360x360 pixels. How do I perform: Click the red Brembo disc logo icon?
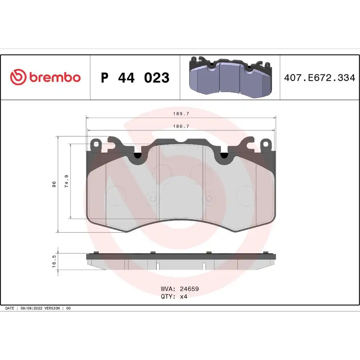coord(18,77)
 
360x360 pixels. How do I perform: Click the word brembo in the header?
coord(55,77)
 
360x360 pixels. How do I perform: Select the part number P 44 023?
coord(135,78)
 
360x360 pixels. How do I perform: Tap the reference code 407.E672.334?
coord(320,78)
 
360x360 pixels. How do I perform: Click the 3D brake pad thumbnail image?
coord(230,77)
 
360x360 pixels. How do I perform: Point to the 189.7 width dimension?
coord(181,114)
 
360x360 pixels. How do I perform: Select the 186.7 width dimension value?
coord(181,126)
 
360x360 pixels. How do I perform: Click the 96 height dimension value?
coord(54,184)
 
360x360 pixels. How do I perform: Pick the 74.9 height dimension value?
coord(67,181)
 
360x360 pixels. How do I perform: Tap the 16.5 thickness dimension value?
coord(54,261)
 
